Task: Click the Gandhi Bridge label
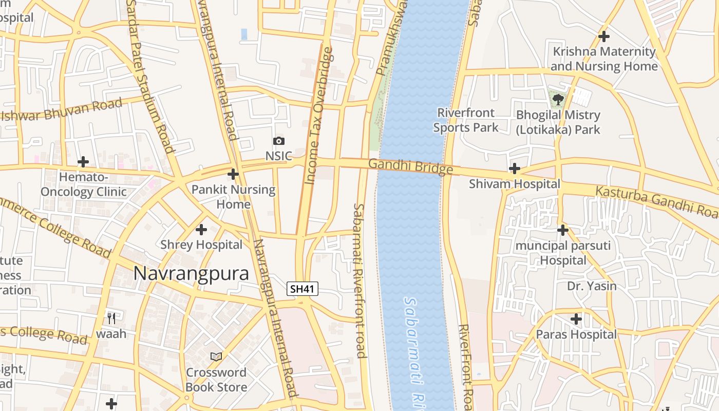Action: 410,166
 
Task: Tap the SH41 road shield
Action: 302,289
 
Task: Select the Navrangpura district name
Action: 191,273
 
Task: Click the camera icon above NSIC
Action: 278,141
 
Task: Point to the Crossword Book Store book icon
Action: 216,357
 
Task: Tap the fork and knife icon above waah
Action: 111,317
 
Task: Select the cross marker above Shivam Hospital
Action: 514,169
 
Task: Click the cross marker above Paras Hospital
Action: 576,319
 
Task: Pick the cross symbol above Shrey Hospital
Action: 201,229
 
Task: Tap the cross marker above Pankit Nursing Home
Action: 233,174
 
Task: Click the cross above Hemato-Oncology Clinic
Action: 83,162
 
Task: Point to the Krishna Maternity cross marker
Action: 604,36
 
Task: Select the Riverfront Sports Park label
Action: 465,120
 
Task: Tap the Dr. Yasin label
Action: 592,286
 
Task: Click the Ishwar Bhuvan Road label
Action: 62,109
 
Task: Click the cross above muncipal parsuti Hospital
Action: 563,230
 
